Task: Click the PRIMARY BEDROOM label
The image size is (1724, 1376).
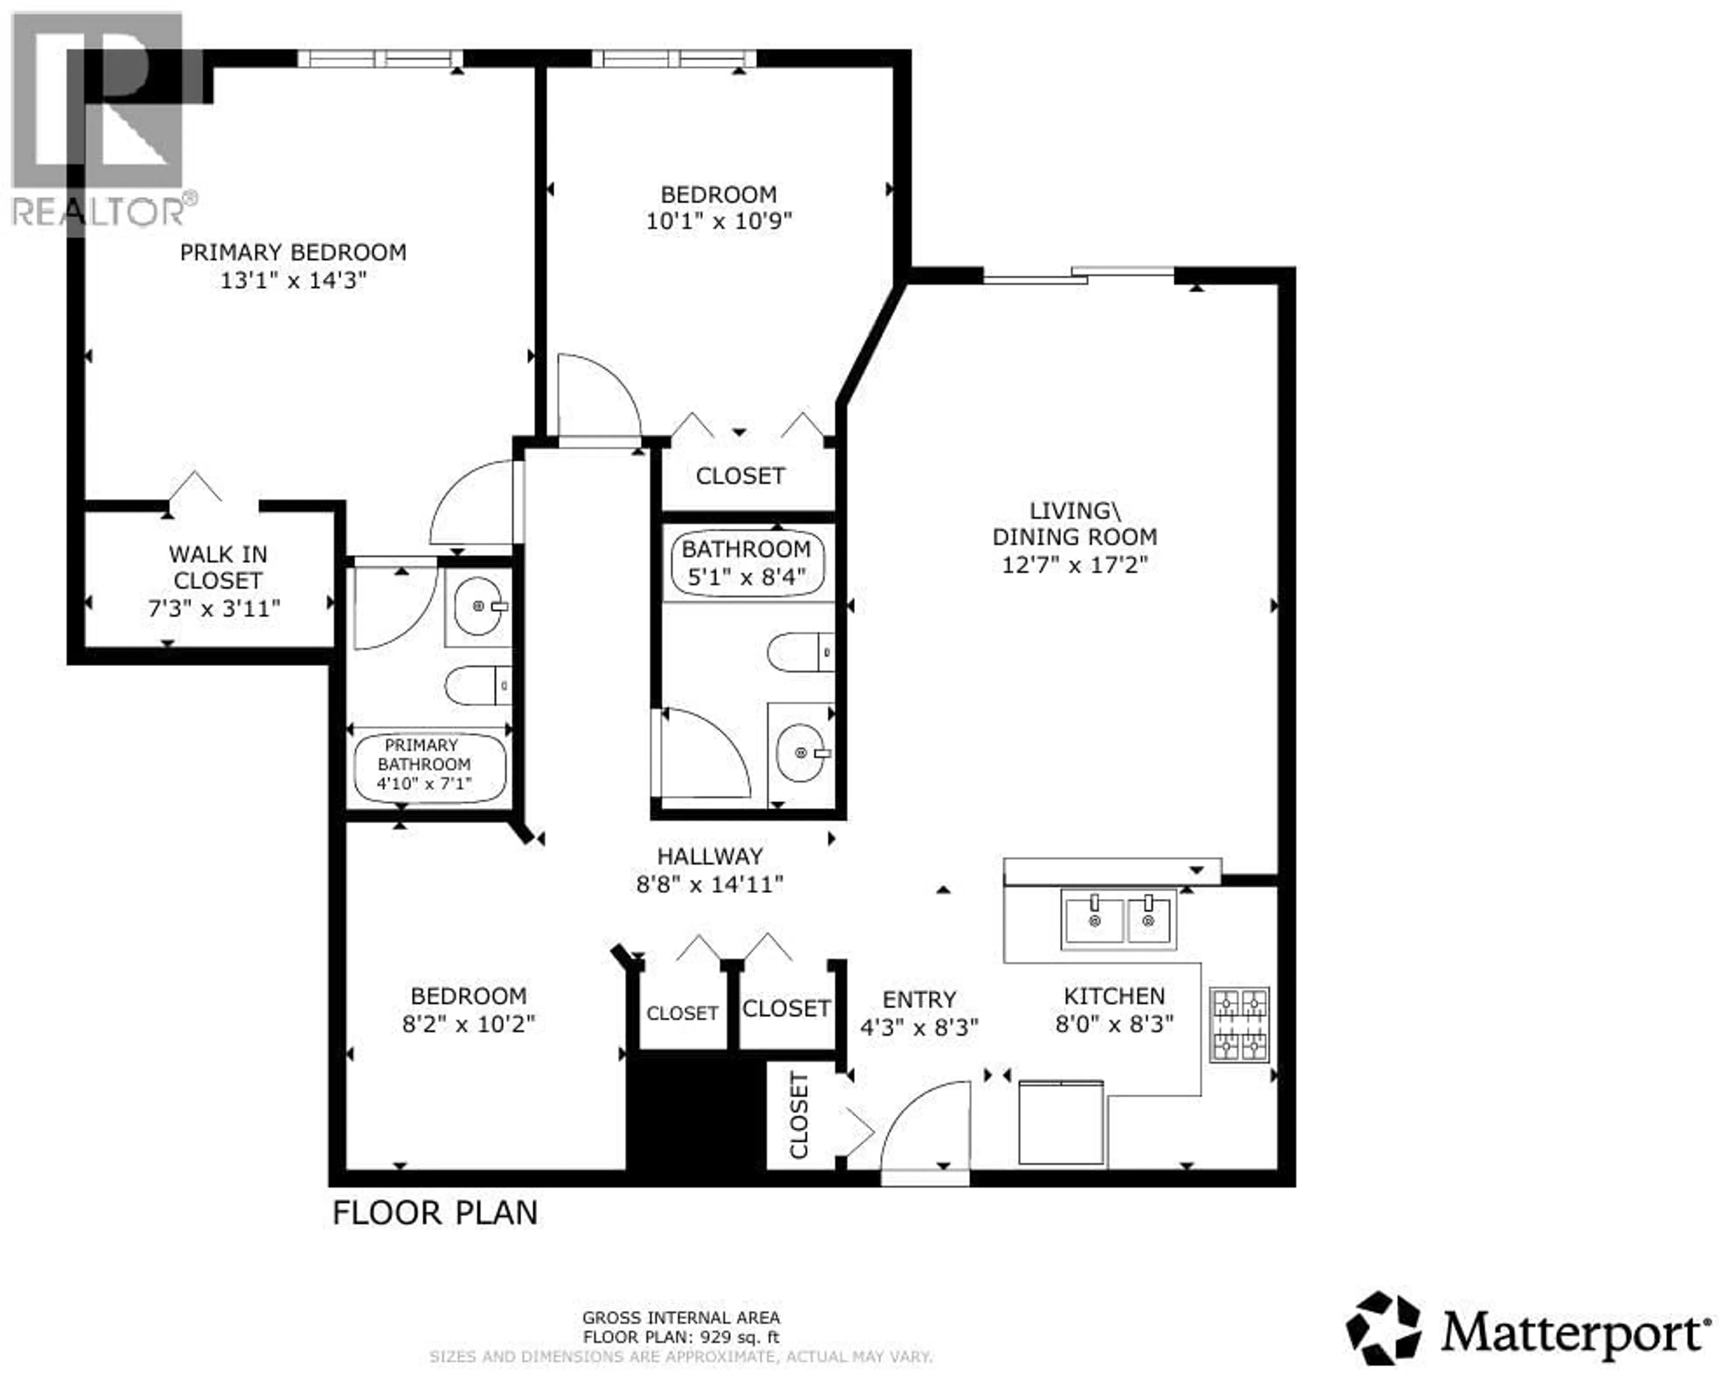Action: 293,253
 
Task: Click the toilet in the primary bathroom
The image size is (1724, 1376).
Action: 477,685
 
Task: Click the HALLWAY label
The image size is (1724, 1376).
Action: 709,856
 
